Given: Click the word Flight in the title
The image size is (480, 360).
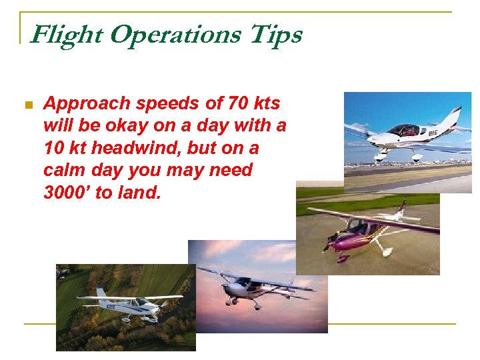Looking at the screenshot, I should (67, 35).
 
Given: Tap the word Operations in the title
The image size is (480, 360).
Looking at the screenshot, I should (175, 35).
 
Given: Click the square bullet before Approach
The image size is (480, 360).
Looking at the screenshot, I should (28, 105).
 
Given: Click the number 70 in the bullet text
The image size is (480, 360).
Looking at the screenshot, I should (237, 104).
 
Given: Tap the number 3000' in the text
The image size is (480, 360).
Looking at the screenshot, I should (70, 192).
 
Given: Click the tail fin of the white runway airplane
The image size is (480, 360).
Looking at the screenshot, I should (453, 117).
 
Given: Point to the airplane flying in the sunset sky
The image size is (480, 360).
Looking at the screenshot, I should (253, 287).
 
